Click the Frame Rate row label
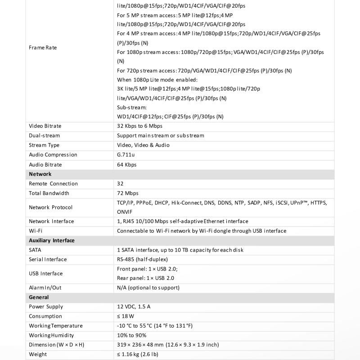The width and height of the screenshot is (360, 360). click(x=43, y=47)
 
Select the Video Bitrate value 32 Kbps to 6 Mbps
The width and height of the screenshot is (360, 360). click(x=139, y=126)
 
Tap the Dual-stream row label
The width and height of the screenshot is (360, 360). click(x=44, y=135)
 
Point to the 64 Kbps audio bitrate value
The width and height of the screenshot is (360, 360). click(x=126, y=165)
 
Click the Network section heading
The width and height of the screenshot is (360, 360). click(x=40, y=174)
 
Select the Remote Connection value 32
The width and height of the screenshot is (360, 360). click(x=120, y=184)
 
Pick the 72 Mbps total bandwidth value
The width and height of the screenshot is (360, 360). click(x=128, y=193)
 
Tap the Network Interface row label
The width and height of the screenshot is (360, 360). click(x=51, y=221)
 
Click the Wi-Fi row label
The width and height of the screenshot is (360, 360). click(x=36, y=231)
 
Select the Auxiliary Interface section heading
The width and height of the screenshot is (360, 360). click(x=52, y=240)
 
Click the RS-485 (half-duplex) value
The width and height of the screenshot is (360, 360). click(x=143, y=259)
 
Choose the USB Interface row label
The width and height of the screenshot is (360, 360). click(x=45, y=274)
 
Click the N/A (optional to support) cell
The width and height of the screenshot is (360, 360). click(x=148, y=288)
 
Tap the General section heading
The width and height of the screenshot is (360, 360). click(x=39, y=297)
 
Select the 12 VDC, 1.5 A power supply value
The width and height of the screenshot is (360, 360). click(x=134, y=307)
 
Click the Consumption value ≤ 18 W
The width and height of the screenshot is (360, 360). click(x=126, y=316)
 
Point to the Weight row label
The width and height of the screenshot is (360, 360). click(x=38, y=354)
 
